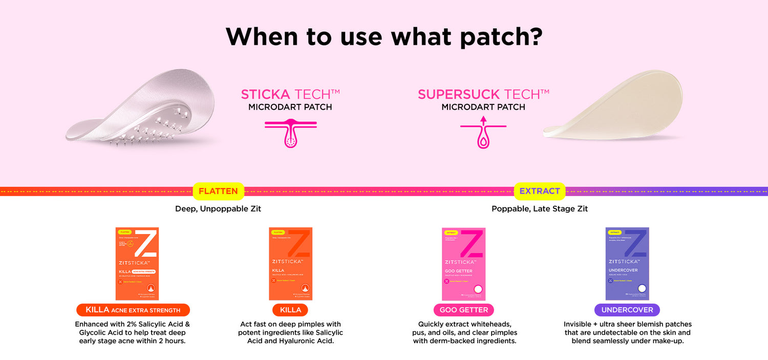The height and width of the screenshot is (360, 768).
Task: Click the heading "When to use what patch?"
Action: coord(384,36)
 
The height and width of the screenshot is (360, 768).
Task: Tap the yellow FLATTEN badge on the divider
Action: coord(218,191)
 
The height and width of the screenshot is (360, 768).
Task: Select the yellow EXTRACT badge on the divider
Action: coord(540,191)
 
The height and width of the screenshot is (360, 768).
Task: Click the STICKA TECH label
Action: coord(290,94)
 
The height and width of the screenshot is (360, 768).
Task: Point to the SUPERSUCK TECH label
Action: coord(483,94)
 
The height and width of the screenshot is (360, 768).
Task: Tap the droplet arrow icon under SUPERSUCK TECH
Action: coord(483,133)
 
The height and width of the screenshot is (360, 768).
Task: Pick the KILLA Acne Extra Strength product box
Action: coord(137,263)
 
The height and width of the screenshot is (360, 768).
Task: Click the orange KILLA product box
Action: coord(290,263)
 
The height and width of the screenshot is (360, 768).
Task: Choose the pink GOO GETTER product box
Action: coord(463,263)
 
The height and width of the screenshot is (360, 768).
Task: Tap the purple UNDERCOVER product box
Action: coord(627,263)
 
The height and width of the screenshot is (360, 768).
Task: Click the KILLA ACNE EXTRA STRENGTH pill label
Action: coord(133,310)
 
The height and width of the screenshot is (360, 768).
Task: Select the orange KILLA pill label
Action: coord(290,310)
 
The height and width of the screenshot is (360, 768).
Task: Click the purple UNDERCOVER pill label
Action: coord(627,310)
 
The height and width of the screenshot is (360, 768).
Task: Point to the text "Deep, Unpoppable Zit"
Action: coord(218,209)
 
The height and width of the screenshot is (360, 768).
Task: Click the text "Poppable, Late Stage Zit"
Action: coord(540,209)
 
